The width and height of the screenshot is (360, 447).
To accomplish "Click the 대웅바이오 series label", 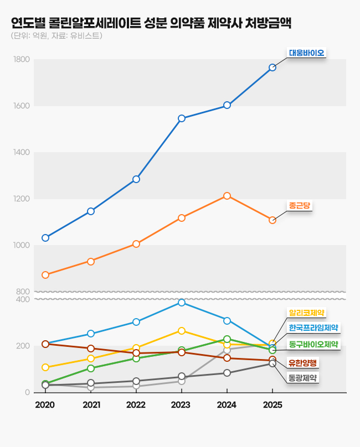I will [x=306, y=54].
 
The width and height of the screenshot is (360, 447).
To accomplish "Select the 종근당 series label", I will [x=300, y=205].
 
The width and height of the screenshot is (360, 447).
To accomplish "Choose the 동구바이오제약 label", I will [x=313, y=344].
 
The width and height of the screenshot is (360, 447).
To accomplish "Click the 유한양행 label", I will [x=302, y=363].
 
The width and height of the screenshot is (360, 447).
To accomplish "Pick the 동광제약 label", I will [x=302, y=378].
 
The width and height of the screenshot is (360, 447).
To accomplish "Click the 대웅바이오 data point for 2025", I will [x=272, y=67].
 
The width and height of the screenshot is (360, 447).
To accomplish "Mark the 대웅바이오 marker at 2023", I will [x=182, y=118].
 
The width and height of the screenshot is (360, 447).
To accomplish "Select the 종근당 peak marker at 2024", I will [x=227, y=196].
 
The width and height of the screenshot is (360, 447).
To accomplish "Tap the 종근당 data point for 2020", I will [x=45, y=275].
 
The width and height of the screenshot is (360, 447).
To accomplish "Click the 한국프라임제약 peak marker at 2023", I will [x=182, y=303].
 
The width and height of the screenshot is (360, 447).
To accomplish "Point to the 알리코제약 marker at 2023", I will [x=182, y=331].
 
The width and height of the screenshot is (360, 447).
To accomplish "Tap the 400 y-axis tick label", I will [x=23, y=299].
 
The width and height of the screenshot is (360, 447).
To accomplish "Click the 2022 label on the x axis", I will [x=136, y=405].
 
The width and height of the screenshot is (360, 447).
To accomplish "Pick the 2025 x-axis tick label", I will [x=272, y=405].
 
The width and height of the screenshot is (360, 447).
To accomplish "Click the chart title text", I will [x=151, y=23].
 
